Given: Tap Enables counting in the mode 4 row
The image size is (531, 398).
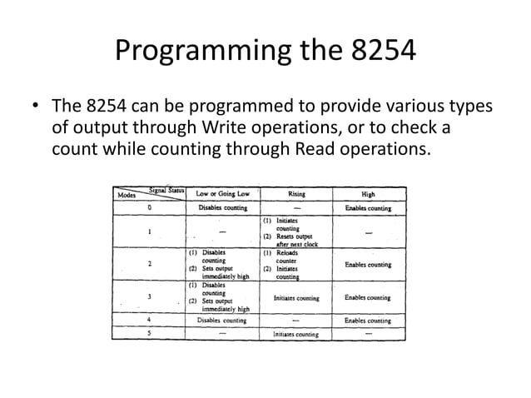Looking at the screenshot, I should pyautogui.click(x=368, y=320).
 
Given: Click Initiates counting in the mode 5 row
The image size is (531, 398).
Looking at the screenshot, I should pyautogui.click(x=296, y=333).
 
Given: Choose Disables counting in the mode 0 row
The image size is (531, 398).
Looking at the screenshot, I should pyautogui.click(x=221, y=207).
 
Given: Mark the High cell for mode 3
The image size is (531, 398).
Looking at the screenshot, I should pyautogui.click(x=368, y=297).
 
